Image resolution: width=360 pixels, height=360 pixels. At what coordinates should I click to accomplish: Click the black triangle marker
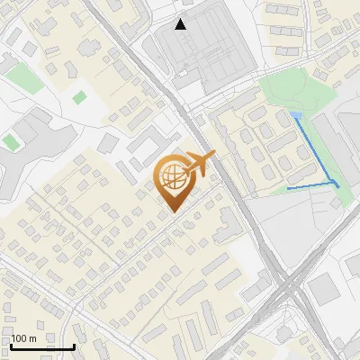pyautogui.click(x=181, y=24)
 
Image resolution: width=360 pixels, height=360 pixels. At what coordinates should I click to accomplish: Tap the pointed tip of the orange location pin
pyautogui.click(x=173, y=211)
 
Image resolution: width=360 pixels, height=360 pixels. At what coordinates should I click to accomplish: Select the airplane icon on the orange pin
pyautogui.click(x=199, y=163)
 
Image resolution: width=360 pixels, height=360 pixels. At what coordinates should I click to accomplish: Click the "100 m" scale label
pyautogui.click(x=23, y=337)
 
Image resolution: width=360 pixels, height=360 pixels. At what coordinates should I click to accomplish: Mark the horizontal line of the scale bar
pyautogui.click(x=42, y=346)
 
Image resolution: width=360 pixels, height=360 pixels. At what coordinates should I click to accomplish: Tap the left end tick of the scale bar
pyautogui.click(x=11, y=345)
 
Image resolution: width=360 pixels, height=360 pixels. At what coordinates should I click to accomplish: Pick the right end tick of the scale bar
pyautogui.click(x=74, y=345)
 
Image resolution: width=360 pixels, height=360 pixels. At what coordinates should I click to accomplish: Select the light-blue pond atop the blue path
pyautogui.click(x=296, y=114)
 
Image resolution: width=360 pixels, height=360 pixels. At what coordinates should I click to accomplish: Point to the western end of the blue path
pyautogui.click(x=287, y=189)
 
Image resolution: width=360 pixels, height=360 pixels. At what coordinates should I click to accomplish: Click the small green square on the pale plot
pyautogui.click(x=79, y=96)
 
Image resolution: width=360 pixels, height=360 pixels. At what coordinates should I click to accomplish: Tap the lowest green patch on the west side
pyautogui.click(x=10, y=141)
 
